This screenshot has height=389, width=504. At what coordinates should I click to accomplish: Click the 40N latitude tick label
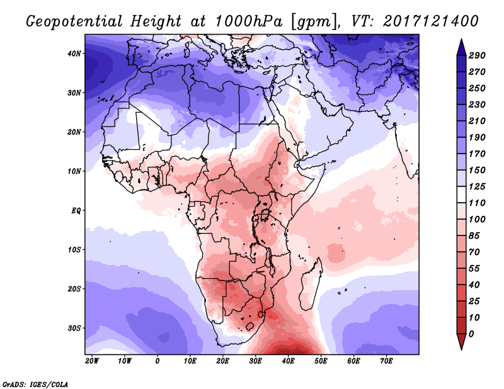point(75,54)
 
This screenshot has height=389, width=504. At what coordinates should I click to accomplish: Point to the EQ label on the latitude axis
point(75,210)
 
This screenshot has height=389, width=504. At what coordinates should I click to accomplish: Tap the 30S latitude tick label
point(75,328)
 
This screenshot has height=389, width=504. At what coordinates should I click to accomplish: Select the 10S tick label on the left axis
point(75,249)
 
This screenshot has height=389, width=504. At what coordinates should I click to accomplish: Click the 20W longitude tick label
point(91,361)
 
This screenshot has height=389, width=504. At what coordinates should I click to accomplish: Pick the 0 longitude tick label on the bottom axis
point(157,361)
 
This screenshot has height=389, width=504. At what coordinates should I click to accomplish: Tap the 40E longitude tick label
point(288,361)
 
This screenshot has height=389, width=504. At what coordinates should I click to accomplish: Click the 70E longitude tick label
point(386,361)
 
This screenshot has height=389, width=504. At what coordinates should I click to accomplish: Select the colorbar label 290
point(477,56)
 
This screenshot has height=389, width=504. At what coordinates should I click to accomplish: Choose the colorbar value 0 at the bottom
point(472,333)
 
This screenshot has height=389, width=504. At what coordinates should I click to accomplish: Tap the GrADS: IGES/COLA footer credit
point(35,383)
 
